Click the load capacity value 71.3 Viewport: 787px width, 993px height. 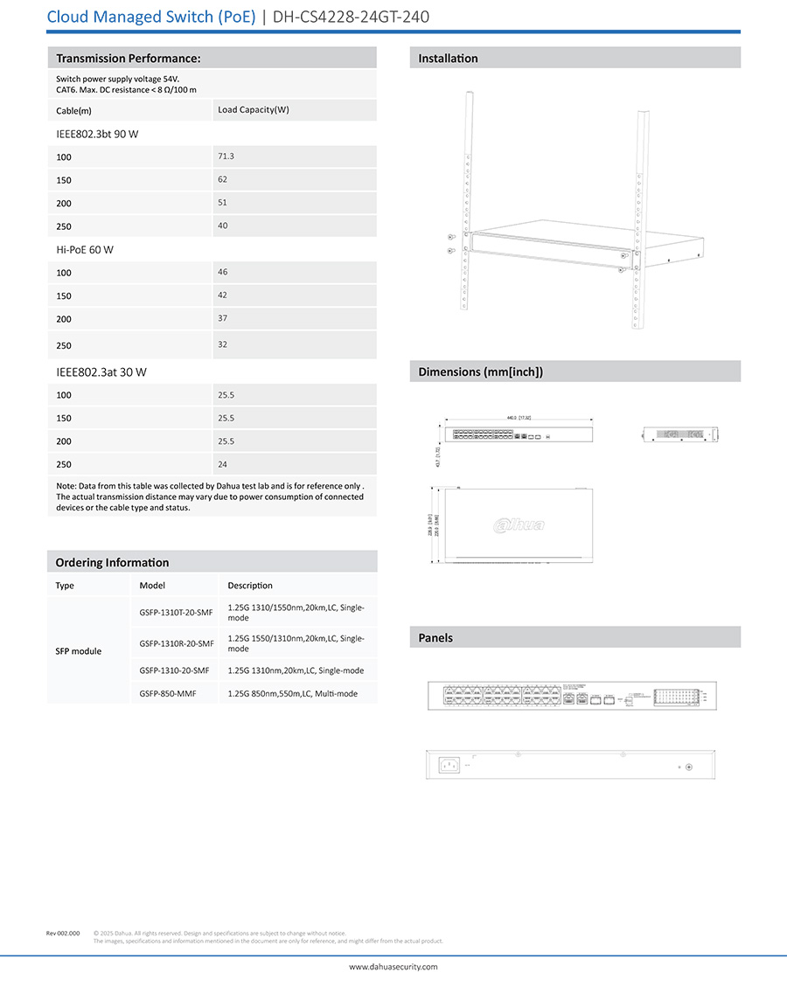pyautogui.click(x=226, y=156)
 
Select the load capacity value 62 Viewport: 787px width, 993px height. pyautogui.click(x=222, y=178)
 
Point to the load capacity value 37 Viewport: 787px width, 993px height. pyautogui.click(x=222, y=317)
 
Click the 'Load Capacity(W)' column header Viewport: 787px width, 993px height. pyautogui.click(x=253, y=109)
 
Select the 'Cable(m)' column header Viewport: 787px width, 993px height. pyautogui.click(x=73, y=111)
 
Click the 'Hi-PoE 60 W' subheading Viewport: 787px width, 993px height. pyautogui.click(x=85, y=249)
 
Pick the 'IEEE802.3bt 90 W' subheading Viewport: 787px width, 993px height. pyautogui.click(x=97, y=134)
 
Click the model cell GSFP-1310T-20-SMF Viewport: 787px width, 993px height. pyautogui.click(x=176, y=612)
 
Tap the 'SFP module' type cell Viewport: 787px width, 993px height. pyautogui.click(x=78, y=651)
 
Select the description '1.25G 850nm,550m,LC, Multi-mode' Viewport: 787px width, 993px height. pyautogui.click(x=292, y=693)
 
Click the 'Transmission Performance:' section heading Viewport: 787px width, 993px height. pyautogui.click(x=129, y=59)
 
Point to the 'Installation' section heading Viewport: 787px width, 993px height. pyautogui.click(x=448, y=59)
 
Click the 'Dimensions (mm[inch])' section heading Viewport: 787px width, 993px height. pyautogui.click(x=480, y=372)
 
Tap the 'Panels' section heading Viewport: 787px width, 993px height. pyautogui.click(x=435, y=637)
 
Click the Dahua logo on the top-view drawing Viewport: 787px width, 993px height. pyautogui.click(x=519, y=524)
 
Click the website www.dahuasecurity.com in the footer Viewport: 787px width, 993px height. pyautogui.click(x=393, y=967)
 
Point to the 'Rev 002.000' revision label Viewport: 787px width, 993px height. pyautogui.click(x=63, y=934)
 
